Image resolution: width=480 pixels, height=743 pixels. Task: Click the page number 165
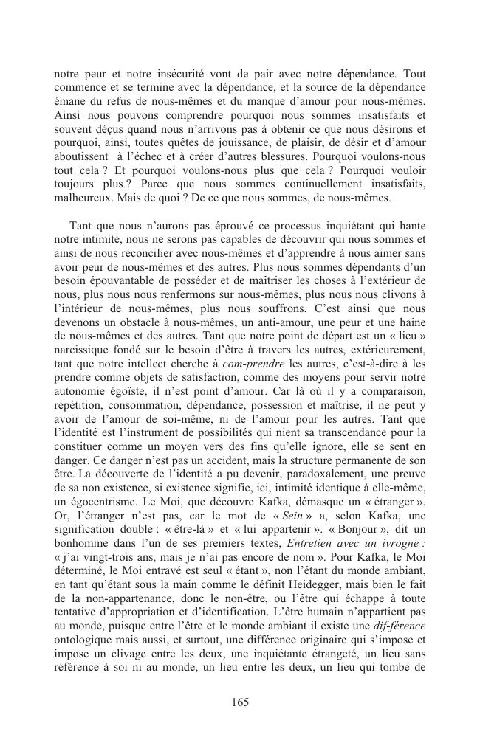click(x=240, y=702)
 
